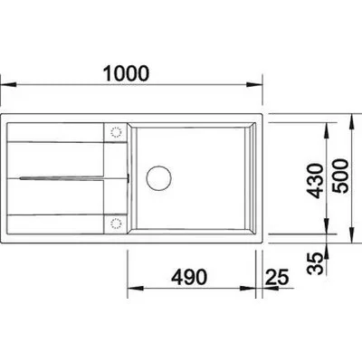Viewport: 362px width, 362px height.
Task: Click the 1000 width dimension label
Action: coord(126,73)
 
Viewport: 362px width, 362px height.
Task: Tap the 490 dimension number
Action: coord(189,277)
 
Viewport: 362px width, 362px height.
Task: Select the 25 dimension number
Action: coord(277,277)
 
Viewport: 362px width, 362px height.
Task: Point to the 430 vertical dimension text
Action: coord(315,181)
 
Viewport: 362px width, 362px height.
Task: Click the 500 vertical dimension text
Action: coord(340,176)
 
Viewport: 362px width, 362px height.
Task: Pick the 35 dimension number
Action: coord(315,263)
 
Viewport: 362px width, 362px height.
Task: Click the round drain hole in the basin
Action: coord(158,178)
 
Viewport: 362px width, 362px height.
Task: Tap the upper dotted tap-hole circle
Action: coord(116,132)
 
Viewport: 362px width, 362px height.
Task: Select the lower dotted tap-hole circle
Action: coord(116,224)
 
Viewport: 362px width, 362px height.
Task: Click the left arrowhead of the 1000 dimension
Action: coord(8,85)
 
